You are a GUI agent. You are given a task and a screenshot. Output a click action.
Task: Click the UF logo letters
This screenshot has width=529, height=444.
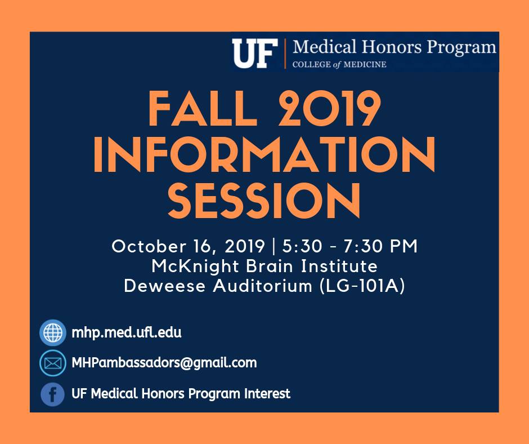[255, 54]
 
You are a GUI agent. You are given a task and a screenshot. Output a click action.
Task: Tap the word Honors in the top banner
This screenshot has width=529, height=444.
[391, 47]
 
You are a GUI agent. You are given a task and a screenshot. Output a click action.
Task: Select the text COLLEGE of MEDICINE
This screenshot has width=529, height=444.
[339, 64]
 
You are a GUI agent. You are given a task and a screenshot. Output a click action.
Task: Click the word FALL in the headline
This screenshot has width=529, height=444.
[203, 109]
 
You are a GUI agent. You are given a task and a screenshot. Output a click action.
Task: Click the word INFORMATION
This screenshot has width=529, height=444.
[264, 155]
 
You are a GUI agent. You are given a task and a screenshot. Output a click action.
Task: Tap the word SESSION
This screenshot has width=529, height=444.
[264, 201]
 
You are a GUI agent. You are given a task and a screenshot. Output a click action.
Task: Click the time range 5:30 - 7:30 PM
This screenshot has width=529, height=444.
[350, 246]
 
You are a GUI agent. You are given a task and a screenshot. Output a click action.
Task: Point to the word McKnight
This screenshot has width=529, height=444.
[195, 266]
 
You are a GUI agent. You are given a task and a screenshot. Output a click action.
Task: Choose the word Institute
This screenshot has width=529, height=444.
[339, 266]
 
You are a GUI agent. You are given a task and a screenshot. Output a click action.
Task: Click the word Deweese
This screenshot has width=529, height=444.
[165, 286]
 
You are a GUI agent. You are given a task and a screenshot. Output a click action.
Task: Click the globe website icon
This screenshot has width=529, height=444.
[53, 332]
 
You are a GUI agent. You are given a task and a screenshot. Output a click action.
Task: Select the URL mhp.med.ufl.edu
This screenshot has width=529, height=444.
[127, 332]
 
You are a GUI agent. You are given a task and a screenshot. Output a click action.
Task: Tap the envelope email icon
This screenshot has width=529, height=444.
[53, 363]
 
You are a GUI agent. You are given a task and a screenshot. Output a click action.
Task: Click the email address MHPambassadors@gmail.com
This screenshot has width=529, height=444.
[164, 363]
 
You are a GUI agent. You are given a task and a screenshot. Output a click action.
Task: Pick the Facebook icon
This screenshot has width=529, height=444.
[53, 394]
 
